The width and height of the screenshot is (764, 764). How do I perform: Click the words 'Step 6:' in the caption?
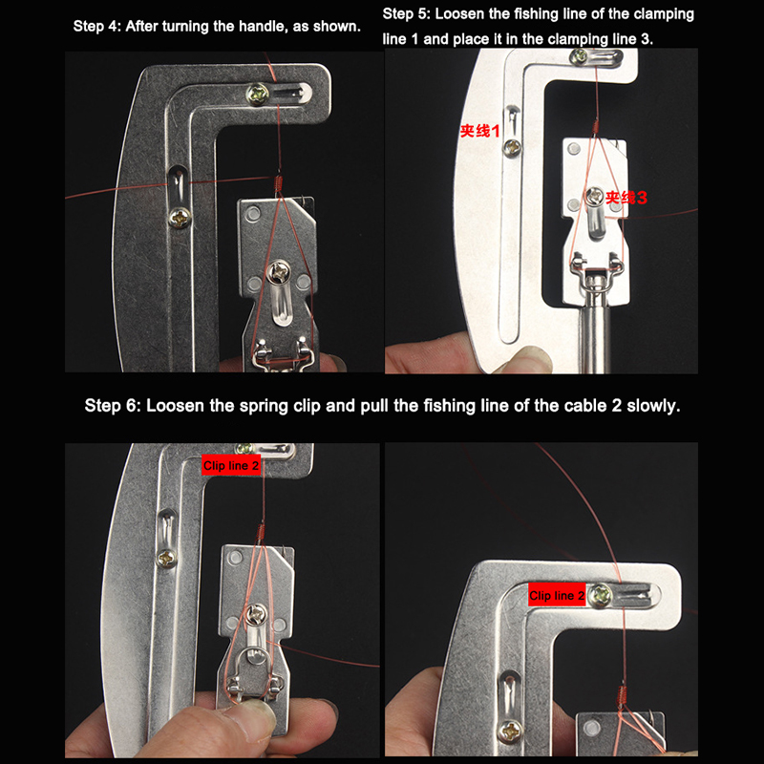click(x=113, y=405)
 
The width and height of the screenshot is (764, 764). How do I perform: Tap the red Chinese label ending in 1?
click(x=480, y=131)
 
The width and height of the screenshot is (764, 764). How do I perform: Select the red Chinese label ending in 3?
click(x=626, y=198)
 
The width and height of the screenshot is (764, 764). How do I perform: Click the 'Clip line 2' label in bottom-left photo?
click(x=231, y=465)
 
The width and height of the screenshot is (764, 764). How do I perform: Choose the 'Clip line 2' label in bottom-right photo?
click(x=557, y=595)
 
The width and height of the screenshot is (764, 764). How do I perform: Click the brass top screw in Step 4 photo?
click(x=257, y=95)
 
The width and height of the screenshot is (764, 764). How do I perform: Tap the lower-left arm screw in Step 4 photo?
click(x=180, y=218)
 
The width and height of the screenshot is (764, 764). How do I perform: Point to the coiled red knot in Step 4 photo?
click(x=278, y=183)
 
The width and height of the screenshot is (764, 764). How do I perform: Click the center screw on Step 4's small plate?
click(x=279, y=272)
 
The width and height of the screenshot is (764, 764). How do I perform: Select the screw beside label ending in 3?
click(x=594, y=197)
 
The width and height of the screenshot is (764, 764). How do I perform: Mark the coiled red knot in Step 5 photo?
click(x=594, y=128)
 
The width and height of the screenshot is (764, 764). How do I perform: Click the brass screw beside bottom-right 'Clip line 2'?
click(x=600, y=594)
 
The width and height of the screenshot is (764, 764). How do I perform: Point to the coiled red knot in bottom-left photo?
click(x=261, y=533)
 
